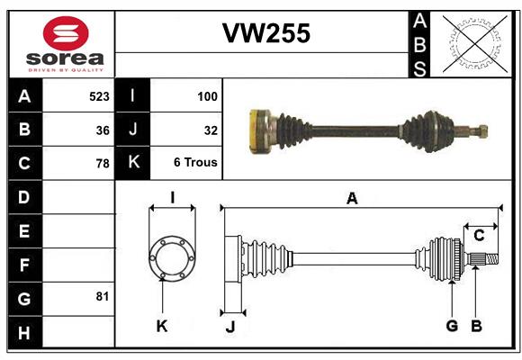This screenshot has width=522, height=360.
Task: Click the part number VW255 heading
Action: tap(266, 34)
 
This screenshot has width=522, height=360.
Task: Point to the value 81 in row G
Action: tap(102, 296)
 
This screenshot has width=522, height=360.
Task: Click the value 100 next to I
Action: tap(206, 95)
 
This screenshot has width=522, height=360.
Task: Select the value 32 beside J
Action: tap(211, 130)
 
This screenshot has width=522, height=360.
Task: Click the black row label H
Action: tap(24, 333)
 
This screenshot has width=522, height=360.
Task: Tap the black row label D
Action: tap(24, 197)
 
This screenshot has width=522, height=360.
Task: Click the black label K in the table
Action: tap(133, 163)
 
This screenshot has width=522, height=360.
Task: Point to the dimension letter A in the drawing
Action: tap(353, 198)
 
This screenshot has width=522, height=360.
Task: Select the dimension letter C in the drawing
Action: tap(479, 235)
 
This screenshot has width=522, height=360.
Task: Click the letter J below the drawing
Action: tap(229, 327)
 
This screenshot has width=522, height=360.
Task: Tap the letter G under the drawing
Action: tap(452, 326)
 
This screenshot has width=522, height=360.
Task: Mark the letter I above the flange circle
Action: tap(171, 197)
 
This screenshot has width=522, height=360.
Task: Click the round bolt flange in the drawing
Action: tap(171, 257)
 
